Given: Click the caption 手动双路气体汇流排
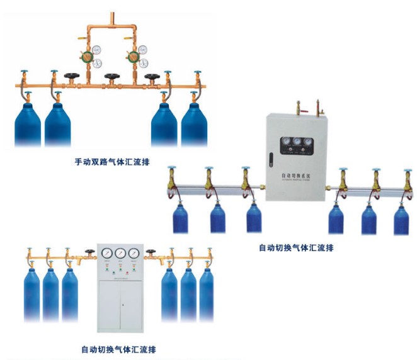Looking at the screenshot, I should pos(111,161).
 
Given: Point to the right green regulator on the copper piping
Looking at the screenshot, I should pos(134,57).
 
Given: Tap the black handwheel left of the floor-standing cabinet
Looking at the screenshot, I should pos(90,254).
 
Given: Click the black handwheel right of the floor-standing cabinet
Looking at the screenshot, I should pos(150,254).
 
